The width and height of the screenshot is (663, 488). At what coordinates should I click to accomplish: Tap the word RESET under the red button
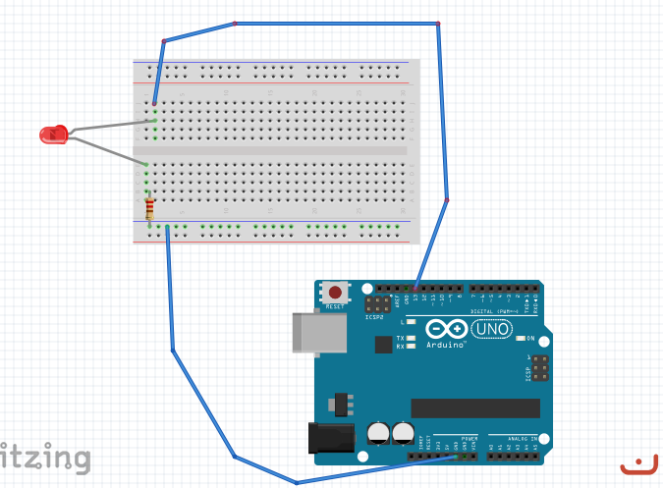(335, 306)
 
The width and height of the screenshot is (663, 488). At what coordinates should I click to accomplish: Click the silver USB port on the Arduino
(320, 334)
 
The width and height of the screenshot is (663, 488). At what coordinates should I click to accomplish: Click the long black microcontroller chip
(475, 407)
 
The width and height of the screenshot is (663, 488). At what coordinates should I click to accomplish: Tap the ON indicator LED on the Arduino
(520, 339)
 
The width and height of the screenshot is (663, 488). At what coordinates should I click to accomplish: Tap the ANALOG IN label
(521, 438)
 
